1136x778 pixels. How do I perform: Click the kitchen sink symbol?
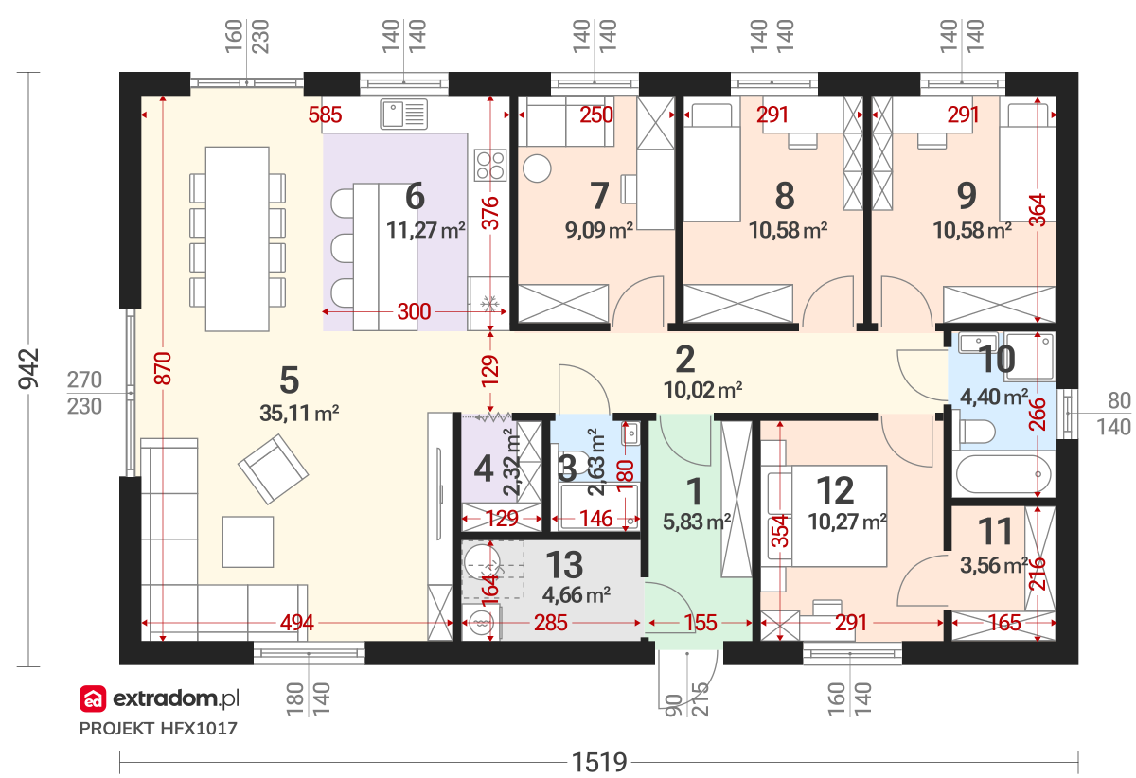pyautogui.click(x=403, y=114)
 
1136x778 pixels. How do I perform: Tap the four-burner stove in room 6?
pyautogui.click(x=490, y=165)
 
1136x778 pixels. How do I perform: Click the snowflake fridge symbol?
pyautogui.click(x=489, y=305)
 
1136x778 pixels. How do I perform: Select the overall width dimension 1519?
pyautogui.click(x=599, y=762)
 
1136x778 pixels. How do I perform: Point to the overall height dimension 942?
pyautogui.click(x=28, y=369)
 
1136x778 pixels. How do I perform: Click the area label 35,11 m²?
pyautogui.click(x=299, y=414)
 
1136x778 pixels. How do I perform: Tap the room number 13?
pyautogui.click(x=564, y=564)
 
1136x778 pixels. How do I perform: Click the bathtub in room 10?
pyautogui.click(x=1003, y=474)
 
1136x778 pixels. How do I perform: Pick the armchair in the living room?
pyautogui.click(x=273, y=469)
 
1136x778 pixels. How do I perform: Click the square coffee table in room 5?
pyautogui.click(x=248, y=541)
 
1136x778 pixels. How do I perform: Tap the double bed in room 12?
pyautogui.click(x=827, y=516)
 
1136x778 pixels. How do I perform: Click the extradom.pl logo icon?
pyautogui.click(x=93, y=698)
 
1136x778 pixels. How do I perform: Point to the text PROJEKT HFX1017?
pyautogui.click(x=158, y=729)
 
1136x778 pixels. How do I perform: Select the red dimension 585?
pyautogui.click(x=325, y=115)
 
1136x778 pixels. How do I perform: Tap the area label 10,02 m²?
pyautogui.click(x=702, y=390)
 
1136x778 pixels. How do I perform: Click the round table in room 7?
pyautogui.click(x=537, y=168)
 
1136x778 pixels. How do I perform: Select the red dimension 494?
pyautogui.click(x=297, y=622)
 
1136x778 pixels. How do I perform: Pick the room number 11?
pyautogui.click(x=996, y=532)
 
